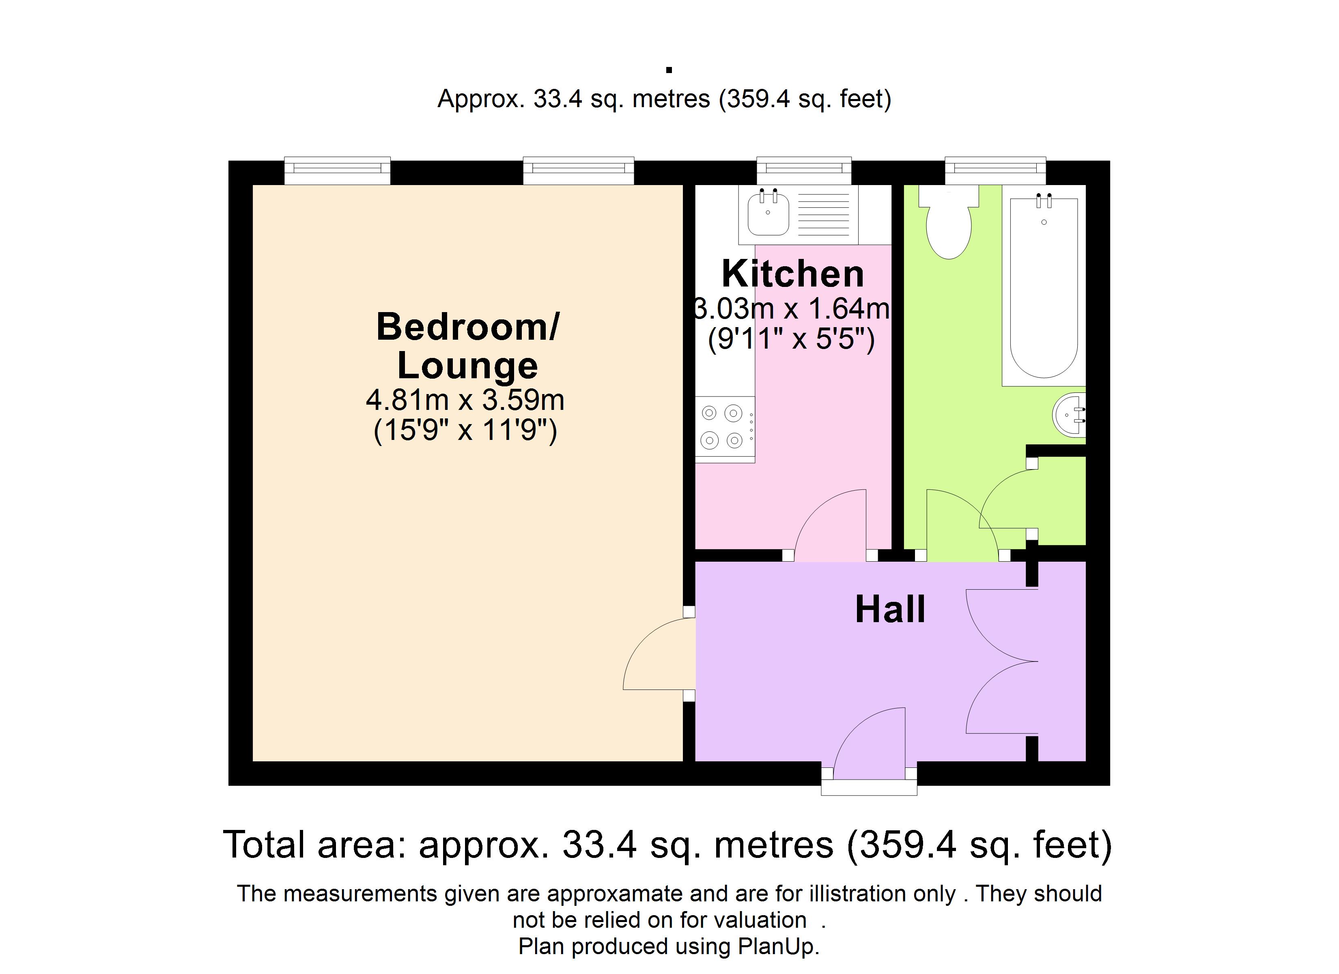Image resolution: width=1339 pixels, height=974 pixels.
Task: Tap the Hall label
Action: pos(890,610)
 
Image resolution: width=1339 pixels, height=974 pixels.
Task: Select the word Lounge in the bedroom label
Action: pos(467,366)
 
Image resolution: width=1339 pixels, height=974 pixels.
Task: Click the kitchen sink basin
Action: pos(768,213)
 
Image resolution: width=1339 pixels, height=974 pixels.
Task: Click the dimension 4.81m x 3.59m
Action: pos(465,400)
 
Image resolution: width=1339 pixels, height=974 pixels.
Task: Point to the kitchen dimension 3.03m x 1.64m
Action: pos(791,308)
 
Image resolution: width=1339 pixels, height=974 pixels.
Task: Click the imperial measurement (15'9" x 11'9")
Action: pos(465,431)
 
